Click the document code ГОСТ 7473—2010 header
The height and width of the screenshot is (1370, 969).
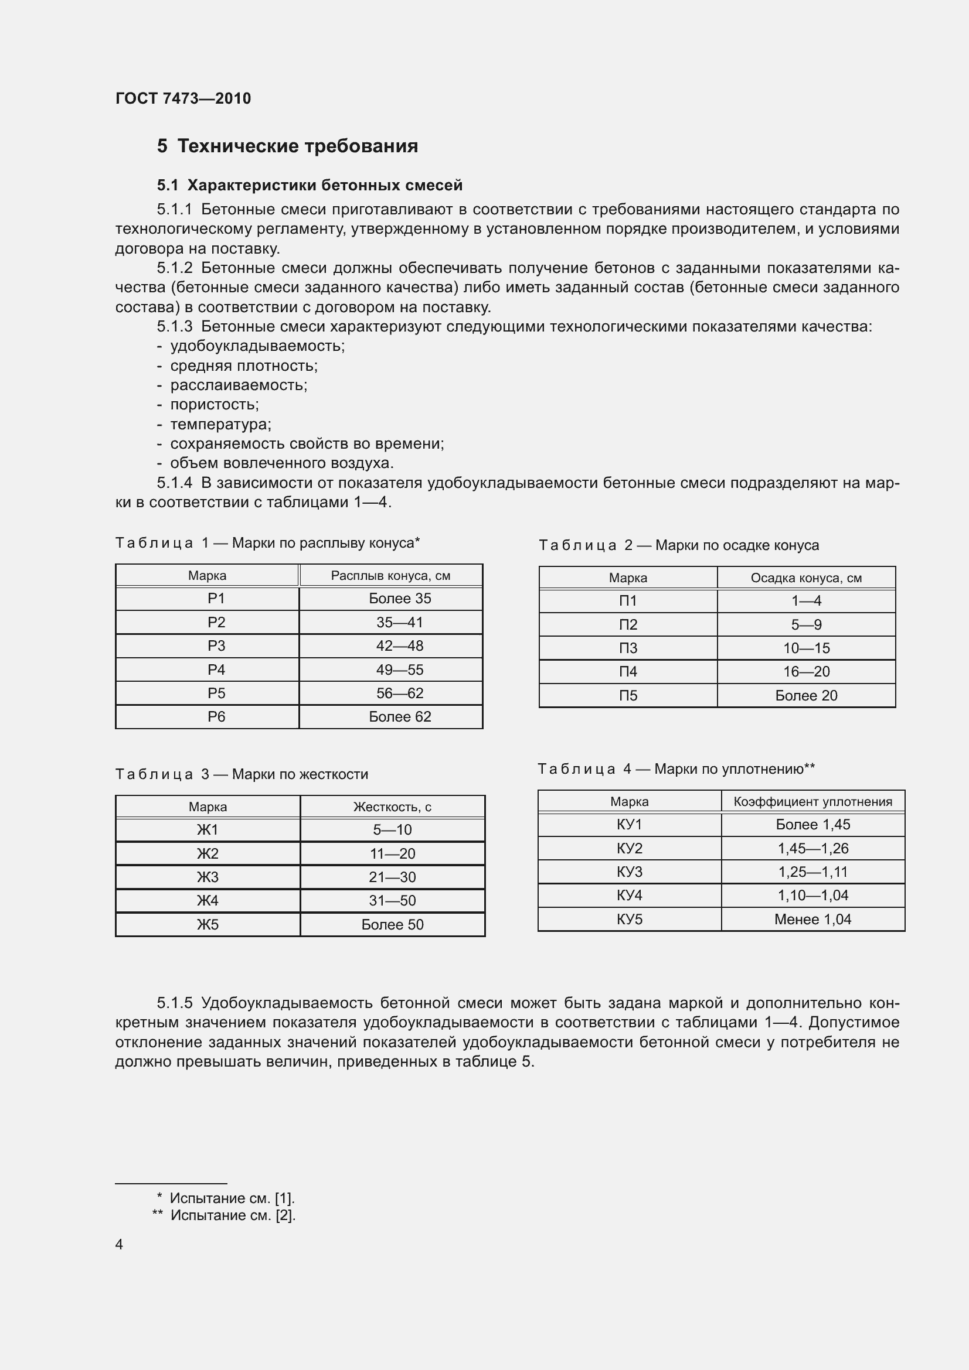pyautogui.click(x=183, y=98)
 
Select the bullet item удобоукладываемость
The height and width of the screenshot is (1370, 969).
pyautogui.click(x=257, y=346)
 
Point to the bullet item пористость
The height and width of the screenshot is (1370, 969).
pyautogui.click(x=215, y=405)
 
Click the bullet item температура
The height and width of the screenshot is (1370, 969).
pyautogui.click(x=220, y=424)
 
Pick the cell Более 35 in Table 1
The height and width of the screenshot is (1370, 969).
pyautogui.click(x=399, y=599)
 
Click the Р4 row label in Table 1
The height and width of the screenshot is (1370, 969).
pyautogui.click(x=216, y=669)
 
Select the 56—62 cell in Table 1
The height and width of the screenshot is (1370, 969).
pyautogui.click(x=399, y=693)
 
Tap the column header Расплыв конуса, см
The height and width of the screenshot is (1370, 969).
pyautogui.click(x=390, y=576)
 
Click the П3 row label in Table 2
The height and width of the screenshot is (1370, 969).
pyautogui.click(x=628, y=648)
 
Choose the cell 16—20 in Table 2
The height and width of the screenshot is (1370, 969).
pyautogui.click(x=806, y=672)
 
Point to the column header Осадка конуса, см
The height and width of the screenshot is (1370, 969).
pyautogui.click(x=806, y=578)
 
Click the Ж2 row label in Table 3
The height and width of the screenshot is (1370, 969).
pyautogui.click(x=208, y=853)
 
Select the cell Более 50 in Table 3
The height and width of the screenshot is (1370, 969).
pyautogui.click(x=392, y=924)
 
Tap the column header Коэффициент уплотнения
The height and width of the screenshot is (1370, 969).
pyautogui.click(x=812, y=802)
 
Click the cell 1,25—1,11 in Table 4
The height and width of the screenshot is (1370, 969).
pyautogui.click(x=812, y=872)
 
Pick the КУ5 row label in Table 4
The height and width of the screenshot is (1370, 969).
pyautogui.click(x=629, y=919)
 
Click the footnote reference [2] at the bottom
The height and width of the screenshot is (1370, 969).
pyautogui.click(x=284, y=1215)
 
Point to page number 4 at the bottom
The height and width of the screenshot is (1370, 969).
pyautogui.click(x=119, y=1244)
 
